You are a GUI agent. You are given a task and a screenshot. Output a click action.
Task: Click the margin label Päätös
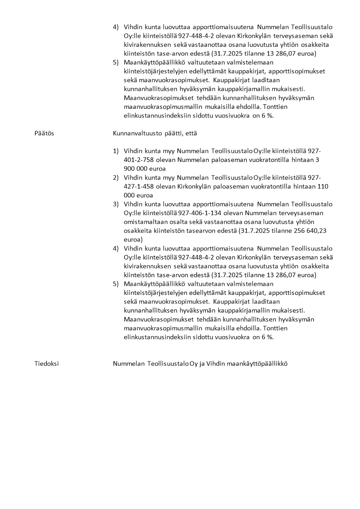[x=44, y=133]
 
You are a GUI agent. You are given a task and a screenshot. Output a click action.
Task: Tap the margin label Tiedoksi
[x=46, y=363]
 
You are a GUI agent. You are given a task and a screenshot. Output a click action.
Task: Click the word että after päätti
[x=190, y=133]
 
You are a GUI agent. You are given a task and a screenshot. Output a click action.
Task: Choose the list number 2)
[x=116, y=177]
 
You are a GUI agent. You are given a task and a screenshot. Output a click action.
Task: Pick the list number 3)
[x=116, y=204]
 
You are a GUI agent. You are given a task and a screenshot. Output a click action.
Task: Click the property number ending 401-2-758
[x=140, y=160]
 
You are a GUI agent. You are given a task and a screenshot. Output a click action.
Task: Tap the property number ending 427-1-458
[x=140, y=186]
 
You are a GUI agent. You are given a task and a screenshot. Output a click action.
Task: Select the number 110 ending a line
[x=327, y=186]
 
